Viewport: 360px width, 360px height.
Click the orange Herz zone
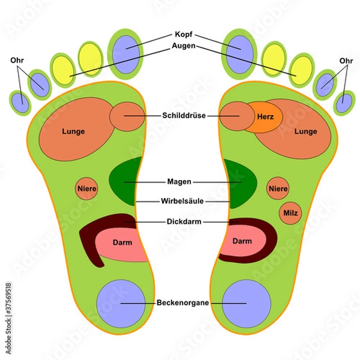tap(265, 116)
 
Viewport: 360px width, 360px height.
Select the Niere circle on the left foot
tap(86, 189)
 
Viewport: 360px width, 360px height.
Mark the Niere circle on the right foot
tap(278, 189)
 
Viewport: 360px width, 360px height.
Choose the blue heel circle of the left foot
tap(121, 303)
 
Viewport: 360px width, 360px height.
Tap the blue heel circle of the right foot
tap(246, 303)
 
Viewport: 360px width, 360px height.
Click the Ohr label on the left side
tap(18, 61)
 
